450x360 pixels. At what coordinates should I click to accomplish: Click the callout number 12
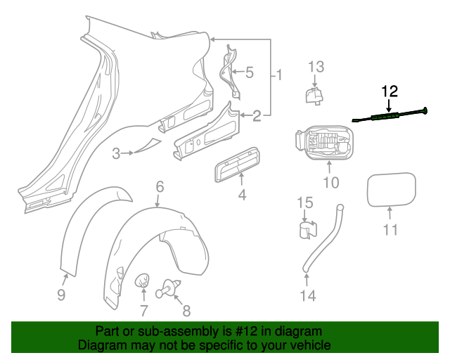coord(390,91)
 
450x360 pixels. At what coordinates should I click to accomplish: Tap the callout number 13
coord(316,67)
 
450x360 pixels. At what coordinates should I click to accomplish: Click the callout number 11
coord(390,229)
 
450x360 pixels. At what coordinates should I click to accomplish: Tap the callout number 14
coord(308,295)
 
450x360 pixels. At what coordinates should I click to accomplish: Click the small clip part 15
coord(304,230)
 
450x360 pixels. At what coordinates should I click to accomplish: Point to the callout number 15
coord(304,203)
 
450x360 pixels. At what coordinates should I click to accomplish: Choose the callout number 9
coord(61,295)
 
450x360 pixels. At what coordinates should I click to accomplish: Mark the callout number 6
coord(160,186)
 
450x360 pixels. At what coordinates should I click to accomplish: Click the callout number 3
coord(116,153)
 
